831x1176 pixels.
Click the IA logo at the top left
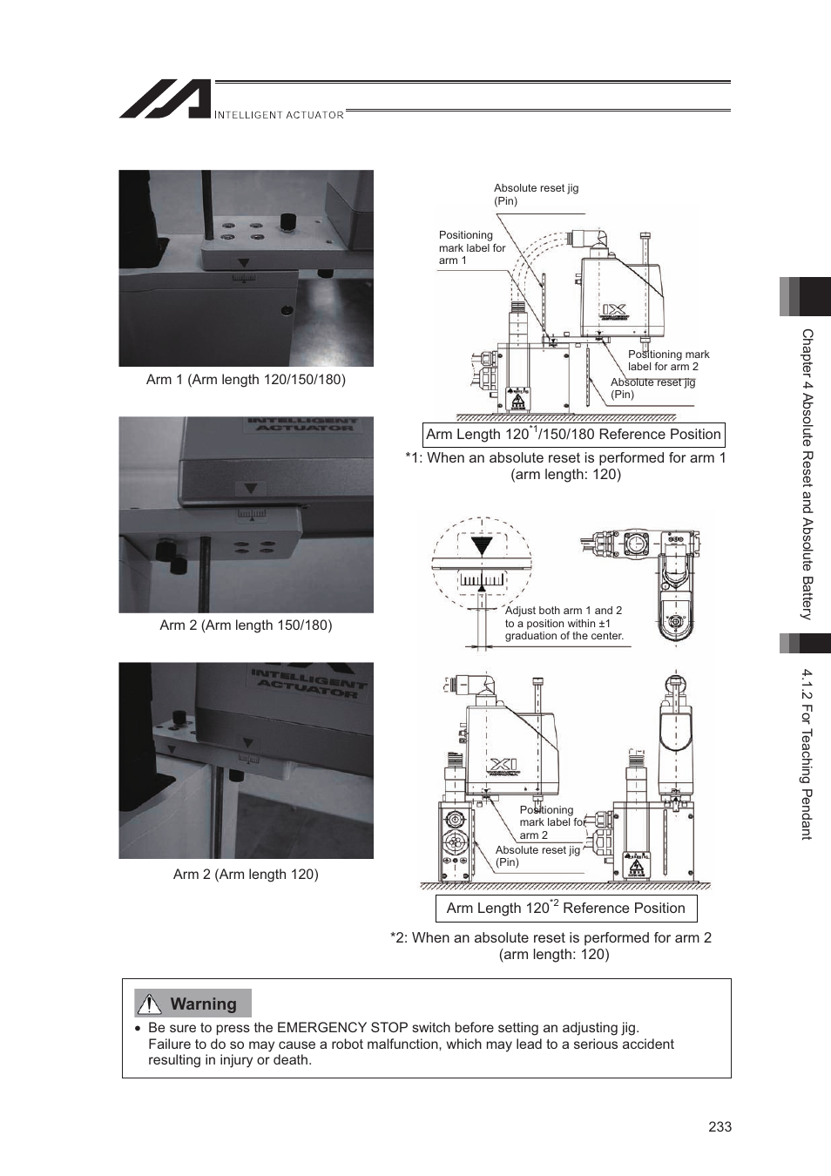tap(165, 99)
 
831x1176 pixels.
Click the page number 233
tap(720, 1126)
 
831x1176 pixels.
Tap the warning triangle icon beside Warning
tap(150, 1004)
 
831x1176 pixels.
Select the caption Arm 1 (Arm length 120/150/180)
tap(246, 380)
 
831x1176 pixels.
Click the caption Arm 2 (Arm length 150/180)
tap(246, 625)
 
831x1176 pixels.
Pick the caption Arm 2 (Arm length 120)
tap(246, 875)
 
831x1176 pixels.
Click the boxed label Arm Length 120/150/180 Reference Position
tap(573, 434)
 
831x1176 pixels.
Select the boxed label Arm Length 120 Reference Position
tap(565, 908)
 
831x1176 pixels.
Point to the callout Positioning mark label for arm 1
tap(471, 247)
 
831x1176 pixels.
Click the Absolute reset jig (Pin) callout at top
tap(536, 194)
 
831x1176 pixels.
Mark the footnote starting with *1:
tap(565, 466)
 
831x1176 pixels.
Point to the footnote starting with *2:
tap(551, 946)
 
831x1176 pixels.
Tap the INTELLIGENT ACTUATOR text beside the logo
tap(279, 115)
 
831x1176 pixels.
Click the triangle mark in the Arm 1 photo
tap(245, 263)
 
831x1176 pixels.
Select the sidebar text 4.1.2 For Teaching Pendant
tap(807, 754)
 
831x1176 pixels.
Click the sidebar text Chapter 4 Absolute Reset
tap(807, 475)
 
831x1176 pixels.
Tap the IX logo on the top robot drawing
tap(614, 309)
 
